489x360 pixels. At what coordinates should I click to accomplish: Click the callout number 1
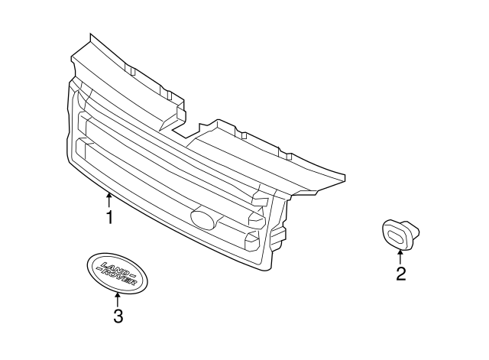(x=109, y=218)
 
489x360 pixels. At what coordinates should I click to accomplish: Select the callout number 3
(x=118, y=316)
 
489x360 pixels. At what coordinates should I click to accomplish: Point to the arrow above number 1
(x=109, y=201)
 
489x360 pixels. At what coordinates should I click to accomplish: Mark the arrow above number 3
(x=118, y=299)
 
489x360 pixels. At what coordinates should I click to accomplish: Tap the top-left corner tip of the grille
(x=91, y=35)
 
